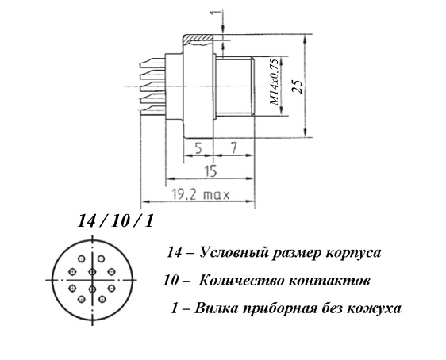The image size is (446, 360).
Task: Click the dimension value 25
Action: click(x=297, y=86)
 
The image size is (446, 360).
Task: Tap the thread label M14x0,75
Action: click(x=275, y=82)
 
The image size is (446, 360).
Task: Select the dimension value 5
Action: click(x=198, y=147)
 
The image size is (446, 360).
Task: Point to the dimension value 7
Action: click(x=233, y=147)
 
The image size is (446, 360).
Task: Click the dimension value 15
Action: click(x=210, y=171)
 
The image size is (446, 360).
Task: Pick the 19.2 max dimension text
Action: click(x=201, y=195)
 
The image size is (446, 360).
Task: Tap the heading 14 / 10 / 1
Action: click(x=116, y=221)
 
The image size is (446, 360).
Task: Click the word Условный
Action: click(x=234, y=252)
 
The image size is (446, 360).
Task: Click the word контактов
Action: click(x=329, y=281)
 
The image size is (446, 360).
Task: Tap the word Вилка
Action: click(x=216, y=308)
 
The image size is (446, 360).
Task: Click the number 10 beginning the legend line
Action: click(x=171, y=281)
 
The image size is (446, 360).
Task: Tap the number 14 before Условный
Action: click(x=174, y=252)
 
